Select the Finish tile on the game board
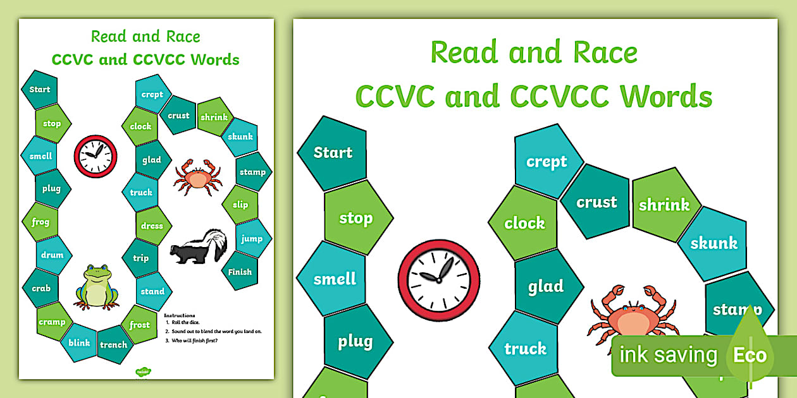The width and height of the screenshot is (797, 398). pos(240,272)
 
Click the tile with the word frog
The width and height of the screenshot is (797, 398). pos(40,222)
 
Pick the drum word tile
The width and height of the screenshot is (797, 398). pos(53,255)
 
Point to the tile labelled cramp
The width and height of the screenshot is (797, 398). pos(52,322)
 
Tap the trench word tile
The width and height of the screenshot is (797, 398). pos(114,344)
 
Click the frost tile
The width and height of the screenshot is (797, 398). pos(140,325)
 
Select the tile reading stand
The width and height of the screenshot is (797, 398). pos(152,291)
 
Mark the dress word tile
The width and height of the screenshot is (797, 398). pos(152,226)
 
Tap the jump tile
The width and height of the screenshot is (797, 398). pos(252,238)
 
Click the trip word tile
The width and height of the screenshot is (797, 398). pos(140,258)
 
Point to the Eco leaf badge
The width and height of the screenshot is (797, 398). pos(750,353)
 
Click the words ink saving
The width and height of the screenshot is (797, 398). pos(668,355)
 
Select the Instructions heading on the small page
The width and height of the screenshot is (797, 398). pos(180,315)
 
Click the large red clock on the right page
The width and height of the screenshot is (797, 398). pos(438,279)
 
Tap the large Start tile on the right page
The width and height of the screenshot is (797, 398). pos(333,152)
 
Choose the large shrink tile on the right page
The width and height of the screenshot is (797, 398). pos(664,205)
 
